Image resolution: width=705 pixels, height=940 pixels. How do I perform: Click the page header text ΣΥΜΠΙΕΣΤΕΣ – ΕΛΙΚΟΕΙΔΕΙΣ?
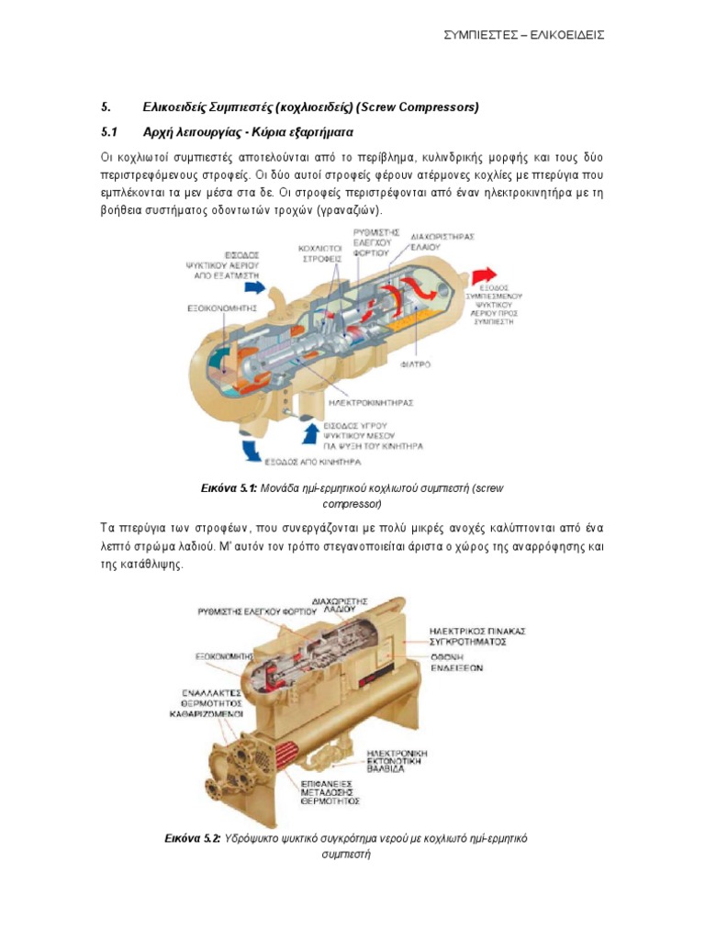click(524, 35)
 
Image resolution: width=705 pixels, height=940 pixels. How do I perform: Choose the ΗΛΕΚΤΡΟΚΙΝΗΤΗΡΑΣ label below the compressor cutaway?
click(369, 401)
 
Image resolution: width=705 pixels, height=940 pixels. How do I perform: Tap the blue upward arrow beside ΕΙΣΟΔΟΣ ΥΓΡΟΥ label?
click(308, 428)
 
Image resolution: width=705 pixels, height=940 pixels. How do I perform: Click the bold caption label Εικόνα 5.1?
click(228, 489)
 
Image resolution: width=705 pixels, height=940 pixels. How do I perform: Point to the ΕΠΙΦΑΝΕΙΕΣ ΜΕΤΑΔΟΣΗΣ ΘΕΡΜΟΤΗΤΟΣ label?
click(332, 790)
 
